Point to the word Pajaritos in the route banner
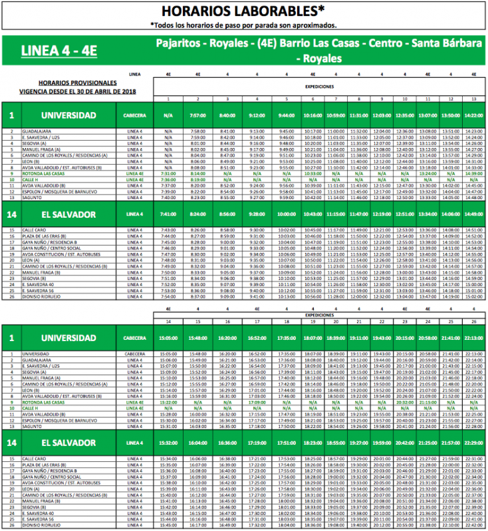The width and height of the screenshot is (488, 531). click(x=179, y=44)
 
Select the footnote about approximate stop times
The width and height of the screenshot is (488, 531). click(x=244, y=25)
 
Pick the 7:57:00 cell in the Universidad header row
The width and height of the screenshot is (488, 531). click(x=198, y=115)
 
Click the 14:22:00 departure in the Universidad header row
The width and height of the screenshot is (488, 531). click(x=474, y=115)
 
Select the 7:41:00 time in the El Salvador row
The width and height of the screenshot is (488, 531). click(x=169, y=214)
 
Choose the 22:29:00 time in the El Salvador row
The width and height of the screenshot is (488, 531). click(x=474, y=443)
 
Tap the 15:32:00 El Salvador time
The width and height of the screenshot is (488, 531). click(x=169, y=443)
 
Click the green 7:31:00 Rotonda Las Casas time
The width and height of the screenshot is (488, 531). click(x=169, y=174)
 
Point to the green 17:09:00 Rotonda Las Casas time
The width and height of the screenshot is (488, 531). click(x=256, y=402)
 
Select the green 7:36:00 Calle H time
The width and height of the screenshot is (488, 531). click(x=169, y=179)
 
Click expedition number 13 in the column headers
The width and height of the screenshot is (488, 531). click(x=474, y=100)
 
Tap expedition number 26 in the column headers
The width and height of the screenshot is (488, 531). click(x=474, y=322)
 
